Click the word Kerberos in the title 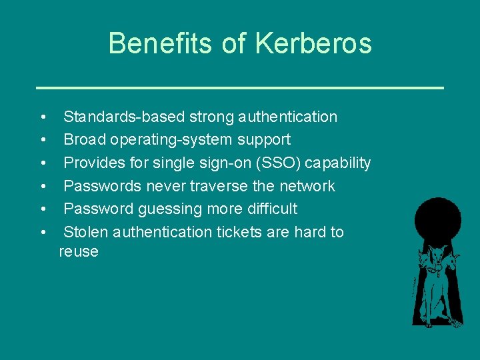pyautogui.click(x=313, y=44)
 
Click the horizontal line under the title pyautogui.click(x=240, y=87)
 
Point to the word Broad pyautogui.click(x=85, y=140)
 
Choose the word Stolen pyautogui.click(x=86, y=232)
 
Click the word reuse pyautogui.click(x=79, y=252)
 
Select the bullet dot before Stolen pyautogui.click(x=43, y=233)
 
